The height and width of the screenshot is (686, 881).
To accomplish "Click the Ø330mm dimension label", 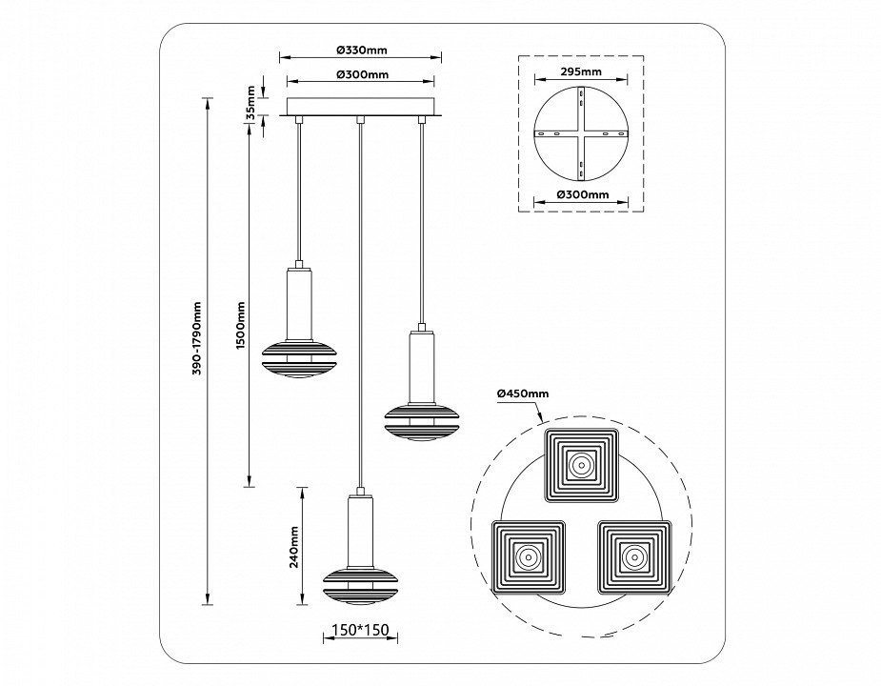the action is [362, 50].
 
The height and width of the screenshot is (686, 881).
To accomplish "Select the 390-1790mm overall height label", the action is [197, 347].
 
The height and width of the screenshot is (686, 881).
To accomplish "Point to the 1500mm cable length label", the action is [240, 326].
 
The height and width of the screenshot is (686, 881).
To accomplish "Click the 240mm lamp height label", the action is [293, 547].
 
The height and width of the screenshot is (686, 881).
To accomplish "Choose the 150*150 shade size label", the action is [361, 630].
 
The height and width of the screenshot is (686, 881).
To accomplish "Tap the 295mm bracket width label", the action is [581, 71].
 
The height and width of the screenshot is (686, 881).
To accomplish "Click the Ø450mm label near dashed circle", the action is [523, 393].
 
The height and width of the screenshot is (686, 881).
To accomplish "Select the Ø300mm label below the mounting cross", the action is [583, 194].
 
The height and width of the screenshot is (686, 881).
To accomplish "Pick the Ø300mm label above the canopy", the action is [363, 74].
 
